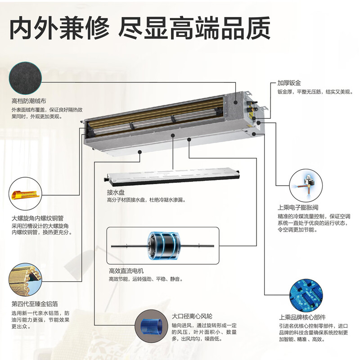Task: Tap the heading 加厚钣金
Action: coord(289,84)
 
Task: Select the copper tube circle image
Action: coord(26,195)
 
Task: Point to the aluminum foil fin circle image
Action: coord(26,279)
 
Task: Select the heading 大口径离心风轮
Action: coord(193,316)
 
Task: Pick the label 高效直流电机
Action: coord(126,271)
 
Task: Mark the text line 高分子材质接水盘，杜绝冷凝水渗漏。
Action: coord(146,200)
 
